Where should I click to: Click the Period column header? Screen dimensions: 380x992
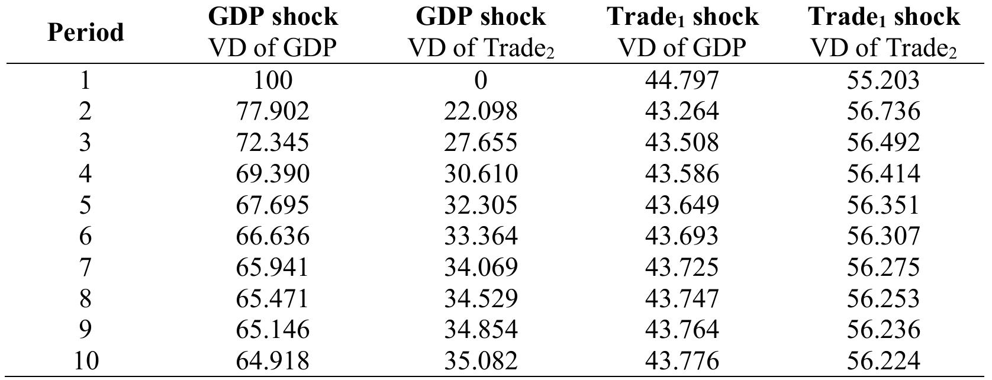click(x=85, y=32)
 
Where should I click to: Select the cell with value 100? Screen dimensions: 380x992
click(x=272, y=80)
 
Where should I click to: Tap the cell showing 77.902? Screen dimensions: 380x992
click(x=272, y=111)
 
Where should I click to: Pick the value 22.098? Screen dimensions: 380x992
click(x=481, y=111)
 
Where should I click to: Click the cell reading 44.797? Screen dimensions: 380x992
click(x=682, y=80)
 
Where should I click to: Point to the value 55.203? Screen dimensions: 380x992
click(x=883, y=80)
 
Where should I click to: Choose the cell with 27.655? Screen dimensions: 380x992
click(x=481, y=143)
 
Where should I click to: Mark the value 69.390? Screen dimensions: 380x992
click(x=272, y=174)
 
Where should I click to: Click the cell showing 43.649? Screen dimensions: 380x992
click(x=682, y=205)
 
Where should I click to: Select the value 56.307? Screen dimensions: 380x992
click(x=883, y=236)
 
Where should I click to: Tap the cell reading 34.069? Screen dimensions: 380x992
click(x=481, y=268)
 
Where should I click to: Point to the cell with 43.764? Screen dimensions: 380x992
click(x=682, y=330)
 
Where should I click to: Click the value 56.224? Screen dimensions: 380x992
click(x=883, y=360)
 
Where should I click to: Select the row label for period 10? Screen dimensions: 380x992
click(x=85, y=360)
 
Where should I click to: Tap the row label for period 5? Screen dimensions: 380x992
click(x=85, y=205)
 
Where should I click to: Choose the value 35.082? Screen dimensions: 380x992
click(x=481, y=360)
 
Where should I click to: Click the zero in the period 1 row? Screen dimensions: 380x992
click(x=481, y=80)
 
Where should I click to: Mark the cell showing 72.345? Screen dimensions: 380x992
click(x=272, y=143)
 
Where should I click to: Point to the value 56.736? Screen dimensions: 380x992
click(x=883, y=111)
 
